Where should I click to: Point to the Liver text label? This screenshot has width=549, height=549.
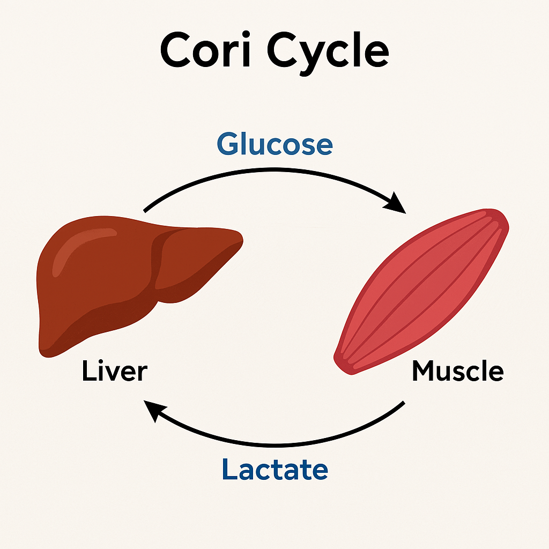click(114, 372)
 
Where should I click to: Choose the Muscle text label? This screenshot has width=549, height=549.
click(457, 371)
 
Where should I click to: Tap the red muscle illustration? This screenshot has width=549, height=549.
click(424, 290)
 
